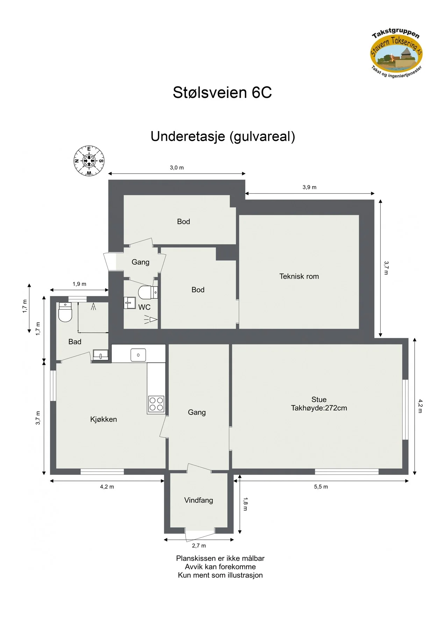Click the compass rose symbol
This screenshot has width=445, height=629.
click(89, 161)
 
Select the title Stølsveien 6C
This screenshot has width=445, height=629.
click(222, 92)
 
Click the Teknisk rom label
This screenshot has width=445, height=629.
click(299, 276)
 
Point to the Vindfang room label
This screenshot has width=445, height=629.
click(199, 500)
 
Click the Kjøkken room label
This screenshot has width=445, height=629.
click(103, 419)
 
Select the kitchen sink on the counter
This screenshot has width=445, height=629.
click(138, 355)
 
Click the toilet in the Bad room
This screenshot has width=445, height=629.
click(65, 312)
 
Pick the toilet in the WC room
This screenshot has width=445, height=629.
click(148, 292)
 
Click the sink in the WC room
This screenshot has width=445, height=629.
click(130, 303)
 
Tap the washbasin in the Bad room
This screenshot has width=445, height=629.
click(101, 355)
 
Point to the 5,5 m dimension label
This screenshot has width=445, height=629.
click(321, 487)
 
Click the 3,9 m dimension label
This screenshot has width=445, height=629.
click(309, 187)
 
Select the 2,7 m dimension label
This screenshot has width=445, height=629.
click(199, 545)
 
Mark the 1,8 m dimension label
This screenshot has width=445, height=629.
click(245, 504)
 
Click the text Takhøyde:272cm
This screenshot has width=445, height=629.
click(319, 408)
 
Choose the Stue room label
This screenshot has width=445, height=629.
click(319, 399)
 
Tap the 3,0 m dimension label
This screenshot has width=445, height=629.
click(177, 168)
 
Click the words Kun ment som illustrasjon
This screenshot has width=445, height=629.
click(220, 575)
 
